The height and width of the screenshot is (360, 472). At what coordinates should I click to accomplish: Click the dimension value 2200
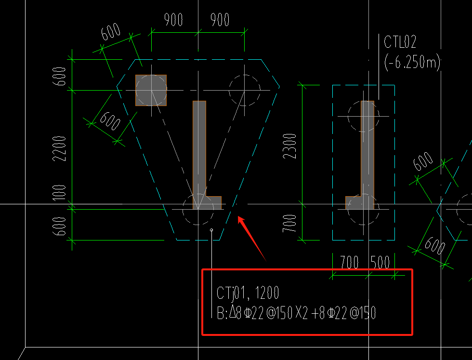(x=59, y=148)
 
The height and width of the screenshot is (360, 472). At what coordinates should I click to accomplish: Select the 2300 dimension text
(x=289, y=146)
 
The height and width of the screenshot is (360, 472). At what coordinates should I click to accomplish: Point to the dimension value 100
(x=59, y=192)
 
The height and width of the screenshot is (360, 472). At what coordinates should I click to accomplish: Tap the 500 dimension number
(x=380, y=262)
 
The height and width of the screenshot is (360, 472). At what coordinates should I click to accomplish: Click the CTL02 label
(x=400, y=42)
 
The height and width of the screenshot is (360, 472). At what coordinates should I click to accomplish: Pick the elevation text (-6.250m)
(x=412, y=63)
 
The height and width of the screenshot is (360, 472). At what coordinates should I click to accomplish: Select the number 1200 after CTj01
(x=267, y=293)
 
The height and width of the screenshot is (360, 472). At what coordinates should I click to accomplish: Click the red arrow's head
(x=240, y=218)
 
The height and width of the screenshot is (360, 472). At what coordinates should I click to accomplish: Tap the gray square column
(x=151, y=90)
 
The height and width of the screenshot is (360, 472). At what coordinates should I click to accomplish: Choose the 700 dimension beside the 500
(x=349, y=262)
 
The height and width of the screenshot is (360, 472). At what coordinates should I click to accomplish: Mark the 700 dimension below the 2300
(x=289, y=223)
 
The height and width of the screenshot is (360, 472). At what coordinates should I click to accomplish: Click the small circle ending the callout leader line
(x=211, y=230)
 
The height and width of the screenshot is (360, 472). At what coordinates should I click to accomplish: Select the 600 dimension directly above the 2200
(x=59, y=76)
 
